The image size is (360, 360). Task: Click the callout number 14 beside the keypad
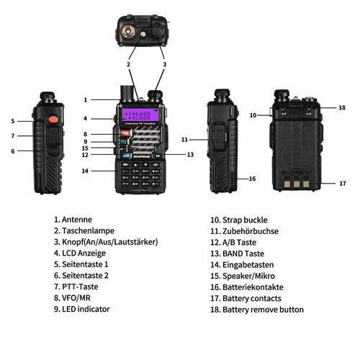pyautogui.click(x=85, y=171)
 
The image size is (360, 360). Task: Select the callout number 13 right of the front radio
pyautogui.click(x=190, y=154)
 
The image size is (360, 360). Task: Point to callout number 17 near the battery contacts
pyautogui.click(x=322, y=184)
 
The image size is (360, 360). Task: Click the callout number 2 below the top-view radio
pyautogui.click(x=128, y=65)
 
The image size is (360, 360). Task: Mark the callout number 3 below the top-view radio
pyautogui.click(x=165, y=65)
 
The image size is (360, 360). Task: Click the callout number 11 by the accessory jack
pyautogui.click(x=184, y=139)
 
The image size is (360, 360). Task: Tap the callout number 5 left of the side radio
pyautogui.click(x=12, y=121)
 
